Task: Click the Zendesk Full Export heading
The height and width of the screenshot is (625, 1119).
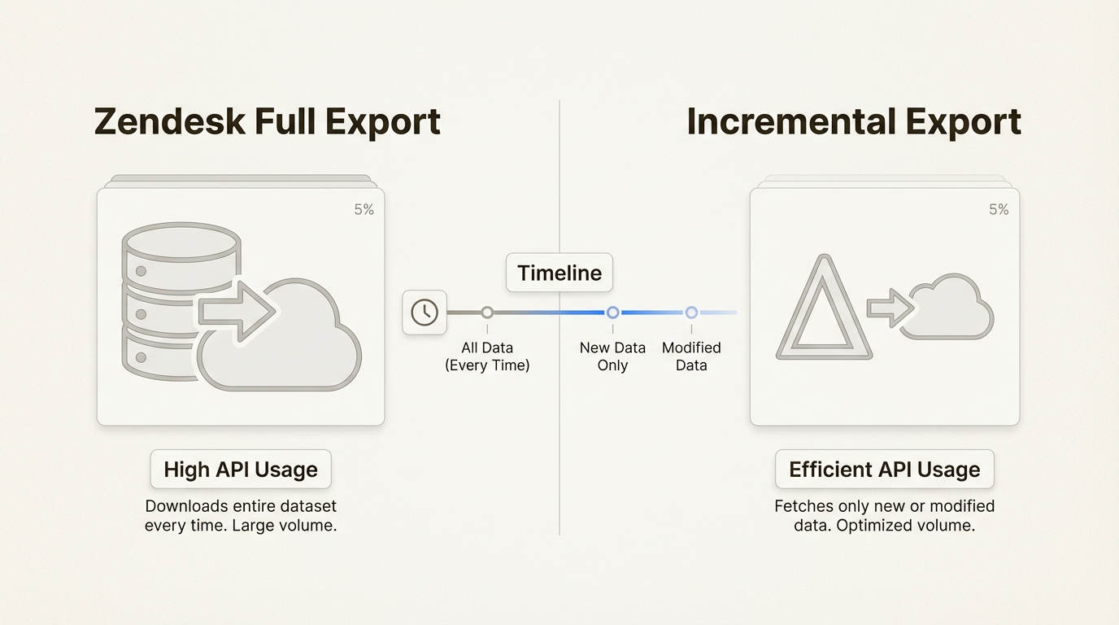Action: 268,122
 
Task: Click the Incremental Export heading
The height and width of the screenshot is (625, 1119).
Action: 854,122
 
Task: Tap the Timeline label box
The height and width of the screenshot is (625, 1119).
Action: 559,273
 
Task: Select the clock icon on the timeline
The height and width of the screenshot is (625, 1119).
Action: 425,312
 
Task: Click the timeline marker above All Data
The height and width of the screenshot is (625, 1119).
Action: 487,312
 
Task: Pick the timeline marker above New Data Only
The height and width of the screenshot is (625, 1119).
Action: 612,312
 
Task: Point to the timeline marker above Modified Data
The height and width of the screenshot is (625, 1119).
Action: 691,312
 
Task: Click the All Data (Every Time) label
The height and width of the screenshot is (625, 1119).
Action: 487,356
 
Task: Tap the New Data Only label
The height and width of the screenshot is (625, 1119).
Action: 612,356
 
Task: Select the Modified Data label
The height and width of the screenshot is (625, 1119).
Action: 691,356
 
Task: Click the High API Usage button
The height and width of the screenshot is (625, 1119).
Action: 241,470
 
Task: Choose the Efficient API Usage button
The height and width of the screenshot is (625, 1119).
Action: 885,470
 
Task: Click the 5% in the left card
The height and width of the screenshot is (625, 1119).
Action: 364,210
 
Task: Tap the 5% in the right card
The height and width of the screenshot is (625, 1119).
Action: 999,210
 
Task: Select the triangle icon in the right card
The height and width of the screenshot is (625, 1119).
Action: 824,313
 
